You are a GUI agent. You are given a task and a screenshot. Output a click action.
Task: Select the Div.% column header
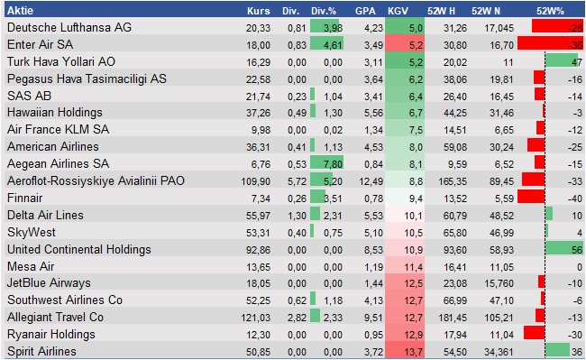click(x=325, y=11)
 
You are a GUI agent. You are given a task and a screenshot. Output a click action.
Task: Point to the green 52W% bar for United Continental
click(x=562, y=249)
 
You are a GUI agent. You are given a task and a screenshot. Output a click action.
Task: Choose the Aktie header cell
click(x=20, y=11)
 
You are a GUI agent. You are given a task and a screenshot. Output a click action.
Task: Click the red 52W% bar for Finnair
click(x=533, y=198)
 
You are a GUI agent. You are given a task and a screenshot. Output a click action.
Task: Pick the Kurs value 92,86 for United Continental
click(x=258, y=249)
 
